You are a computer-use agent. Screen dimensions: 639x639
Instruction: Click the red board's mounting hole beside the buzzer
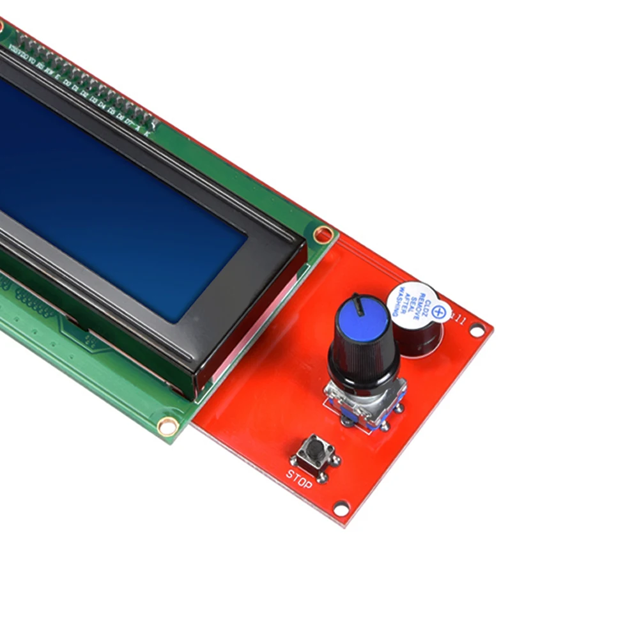(477, 330)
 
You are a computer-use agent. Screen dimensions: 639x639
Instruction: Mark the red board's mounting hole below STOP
(341, 509)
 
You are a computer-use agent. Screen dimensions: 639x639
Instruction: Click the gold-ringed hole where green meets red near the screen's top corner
(323, 234)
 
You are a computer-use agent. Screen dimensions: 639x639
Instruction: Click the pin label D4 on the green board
(102, 105)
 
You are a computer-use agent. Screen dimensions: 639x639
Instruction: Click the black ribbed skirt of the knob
(361, 361)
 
